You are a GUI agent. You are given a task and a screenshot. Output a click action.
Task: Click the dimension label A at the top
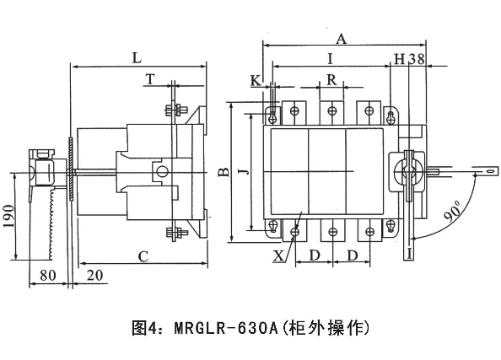(342, 39)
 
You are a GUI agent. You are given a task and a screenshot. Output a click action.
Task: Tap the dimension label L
(137, 58)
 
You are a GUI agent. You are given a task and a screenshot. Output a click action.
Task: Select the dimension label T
(150, 79)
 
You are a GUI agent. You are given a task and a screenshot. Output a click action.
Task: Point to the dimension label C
(143, 256)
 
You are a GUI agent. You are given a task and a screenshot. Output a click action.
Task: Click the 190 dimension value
(9, 216)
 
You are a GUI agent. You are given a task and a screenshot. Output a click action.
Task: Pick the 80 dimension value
(48, 276)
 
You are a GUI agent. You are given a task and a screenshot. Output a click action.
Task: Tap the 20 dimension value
(95, 276)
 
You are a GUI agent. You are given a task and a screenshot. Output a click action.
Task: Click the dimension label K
(256, 80)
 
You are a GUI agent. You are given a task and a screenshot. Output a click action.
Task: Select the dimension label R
(331, 80)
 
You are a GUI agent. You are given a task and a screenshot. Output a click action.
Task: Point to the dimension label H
(400, 59)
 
